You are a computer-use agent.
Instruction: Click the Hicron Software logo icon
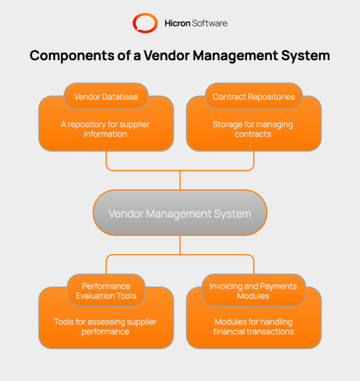[x=145, y=23]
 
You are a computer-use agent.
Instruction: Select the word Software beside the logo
[x=210, y=23]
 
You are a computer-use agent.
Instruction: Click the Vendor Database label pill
[x=106, y=97]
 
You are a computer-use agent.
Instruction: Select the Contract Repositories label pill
[x=254, y=97]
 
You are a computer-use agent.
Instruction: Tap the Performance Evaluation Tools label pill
[x=106, y=291]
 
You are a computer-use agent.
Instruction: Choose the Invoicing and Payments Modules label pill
[x=253, y=291]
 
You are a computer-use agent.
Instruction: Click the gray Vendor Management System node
[x=180, y=213]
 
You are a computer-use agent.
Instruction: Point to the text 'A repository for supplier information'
[x=105, y=129]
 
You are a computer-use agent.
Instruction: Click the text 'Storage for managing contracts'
[x=253, y=129]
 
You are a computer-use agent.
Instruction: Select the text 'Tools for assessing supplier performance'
[x=105, y=327]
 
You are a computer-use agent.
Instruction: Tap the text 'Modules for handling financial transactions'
[x=254, y=327]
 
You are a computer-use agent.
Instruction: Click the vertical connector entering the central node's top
[x=180, y=180]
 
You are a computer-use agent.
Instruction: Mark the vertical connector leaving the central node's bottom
[x=180, y=245]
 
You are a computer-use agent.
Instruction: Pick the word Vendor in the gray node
[x=126, y=214]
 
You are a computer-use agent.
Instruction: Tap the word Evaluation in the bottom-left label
[x=95, y=296]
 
